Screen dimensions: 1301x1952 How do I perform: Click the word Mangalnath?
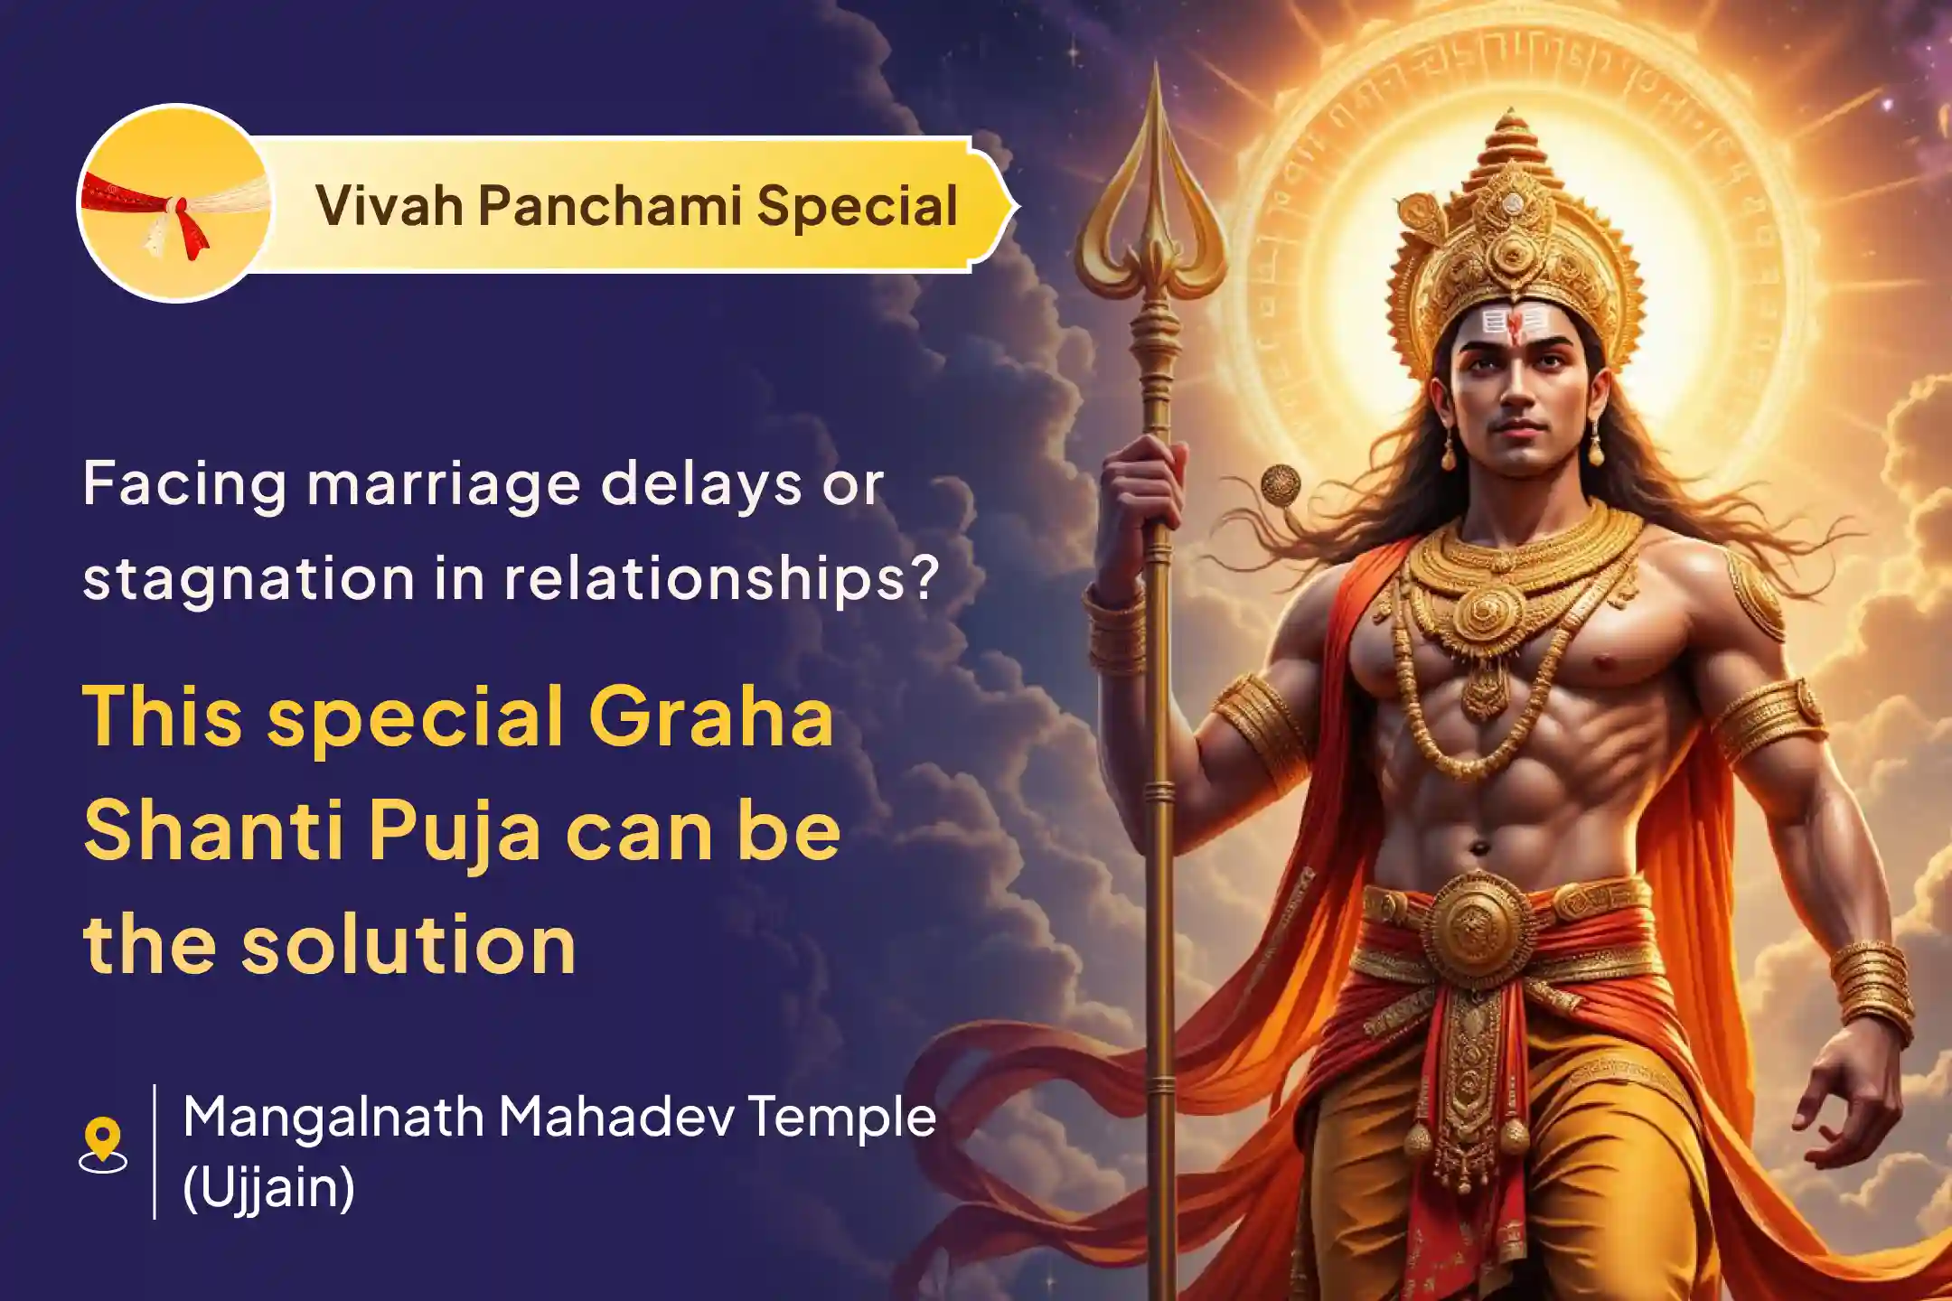(x=333, y=1118)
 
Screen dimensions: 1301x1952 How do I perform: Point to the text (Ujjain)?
(x=268, y=1187)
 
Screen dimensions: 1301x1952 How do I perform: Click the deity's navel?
(x=1478, y=847)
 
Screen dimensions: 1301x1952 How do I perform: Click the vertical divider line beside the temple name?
(x=155, y=1151)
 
